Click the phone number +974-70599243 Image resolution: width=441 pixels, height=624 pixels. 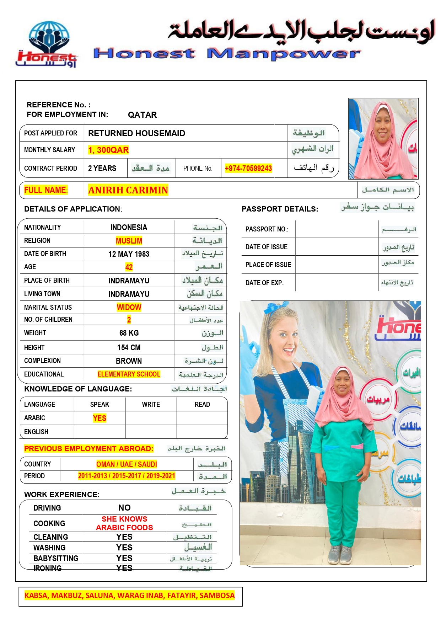[x=248, y=168]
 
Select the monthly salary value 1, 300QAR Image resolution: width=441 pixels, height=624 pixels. [x=108, y=150]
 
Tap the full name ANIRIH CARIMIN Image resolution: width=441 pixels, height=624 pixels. [x=128, y=190]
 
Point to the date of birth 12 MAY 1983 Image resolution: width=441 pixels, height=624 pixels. [x=129, y=254]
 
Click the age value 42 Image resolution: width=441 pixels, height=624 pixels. [x=129, y=267]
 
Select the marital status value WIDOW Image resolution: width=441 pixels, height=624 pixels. [x=129, y=307]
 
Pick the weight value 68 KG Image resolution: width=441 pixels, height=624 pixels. [x=129, y=333]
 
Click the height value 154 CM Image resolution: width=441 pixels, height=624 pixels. [x=129, y=347]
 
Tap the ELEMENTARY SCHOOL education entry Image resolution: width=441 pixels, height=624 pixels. [x=129, y=374]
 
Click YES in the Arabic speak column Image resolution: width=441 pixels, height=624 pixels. [x=100, y=418]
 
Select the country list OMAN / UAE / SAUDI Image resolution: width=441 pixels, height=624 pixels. [x=127, y=464]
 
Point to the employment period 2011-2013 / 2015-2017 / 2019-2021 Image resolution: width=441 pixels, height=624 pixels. [x=127, y=476]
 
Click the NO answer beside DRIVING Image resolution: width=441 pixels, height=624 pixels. [x=124, y=507]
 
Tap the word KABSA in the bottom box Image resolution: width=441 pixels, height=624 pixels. [x=36, y=595]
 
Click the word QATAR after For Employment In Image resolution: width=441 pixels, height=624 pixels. [x=142, y=115]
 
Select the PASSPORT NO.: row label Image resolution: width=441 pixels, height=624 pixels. [x=267, y=229]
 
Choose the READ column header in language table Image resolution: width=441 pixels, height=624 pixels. [x=202, y=404]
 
